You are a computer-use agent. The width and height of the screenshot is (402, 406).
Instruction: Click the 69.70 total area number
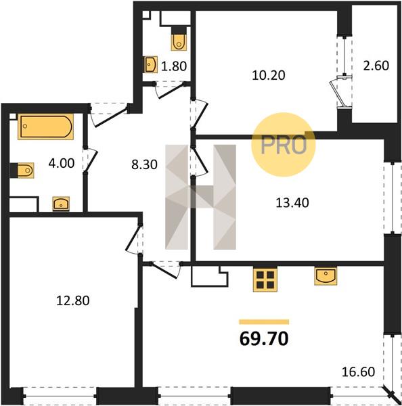coord(264,339)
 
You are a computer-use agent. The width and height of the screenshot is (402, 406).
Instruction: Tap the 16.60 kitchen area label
coord(358,372)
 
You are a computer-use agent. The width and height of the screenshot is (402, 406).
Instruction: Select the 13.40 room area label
coord(292,203)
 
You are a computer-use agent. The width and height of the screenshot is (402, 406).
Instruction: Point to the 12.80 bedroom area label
coord(73,300)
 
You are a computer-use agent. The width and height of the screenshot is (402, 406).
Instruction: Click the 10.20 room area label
coord(269,75)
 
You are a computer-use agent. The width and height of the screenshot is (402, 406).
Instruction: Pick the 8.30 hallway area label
coord(144,164)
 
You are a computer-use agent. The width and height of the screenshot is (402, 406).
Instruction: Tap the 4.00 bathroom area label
coord(62,163)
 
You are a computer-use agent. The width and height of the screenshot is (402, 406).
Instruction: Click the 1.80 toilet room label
coord(174,66)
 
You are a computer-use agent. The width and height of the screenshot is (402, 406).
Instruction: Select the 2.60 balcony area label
coord(376,66)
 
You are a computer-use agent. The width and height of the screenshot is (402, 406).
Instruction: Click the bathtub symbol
coord(45,127)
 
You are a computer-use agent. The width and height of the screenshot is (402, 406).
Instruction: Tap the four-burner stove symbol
coord(265,280)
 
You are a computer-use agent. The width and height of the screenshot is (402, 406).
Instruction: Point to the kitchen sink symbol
coord(326,276)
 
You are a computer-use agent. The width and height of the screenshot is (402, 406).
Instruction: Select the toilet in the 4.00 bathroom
coord(22,171)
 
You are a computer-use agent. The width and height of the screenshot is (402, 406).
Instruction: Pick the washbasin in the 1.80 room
coord(151,64)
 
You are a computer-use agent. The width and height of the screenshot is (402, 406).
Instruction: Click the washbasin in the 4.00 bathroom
coord(61,204)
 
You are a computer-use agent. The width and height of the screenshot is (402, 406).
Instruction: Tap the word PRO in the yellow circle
coord(284,145)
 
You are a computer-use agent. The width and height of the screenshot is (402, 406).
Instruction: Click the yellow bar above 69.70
coord(264,322)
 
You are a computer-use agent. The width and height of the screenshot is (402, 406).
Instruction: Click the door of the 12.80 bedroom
coord(134,239)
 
